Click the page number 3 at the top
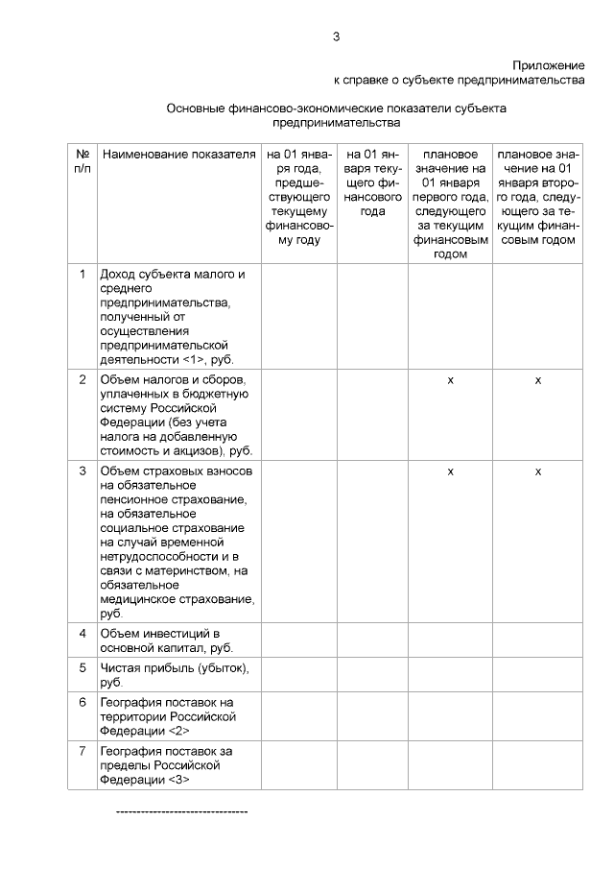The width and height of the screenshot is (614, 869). pyautogui.click(x=336, y=37)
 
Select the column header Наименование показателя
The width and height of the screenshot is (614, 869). pyautogui.click(x=178, y=154)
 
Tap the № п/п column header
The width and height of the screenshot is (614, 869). pyautogui.click(x=83, y=160)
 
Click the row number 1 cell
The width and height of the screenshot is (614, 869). pyautogui.click(x=83, y=275)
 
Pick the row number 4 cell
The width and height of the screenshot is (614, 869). pyautogui.click(x=83, y=634)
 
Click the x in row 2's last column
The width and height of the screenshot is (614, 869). pyautogui.click(x=537, y=381)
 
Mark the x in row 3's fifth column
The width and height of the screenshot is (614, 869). pyautogui.click(x=451, y=471)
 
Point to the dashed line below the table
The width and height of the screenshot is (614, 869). pyautogui.click(x=181, y=812)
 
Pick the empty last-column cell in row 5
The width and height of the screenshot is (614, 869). pyautogui.click(x=537, y=675)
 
